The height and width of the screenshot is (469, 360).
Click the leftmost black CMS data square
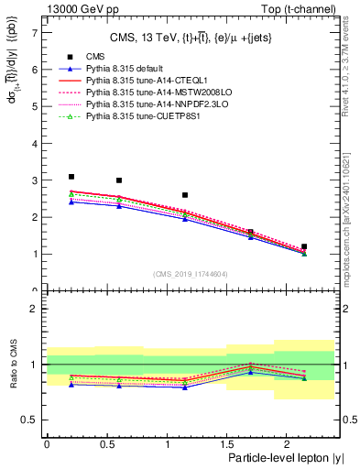(71, 177)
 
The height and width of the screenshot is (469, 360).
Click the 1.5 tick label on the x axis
(225, 444)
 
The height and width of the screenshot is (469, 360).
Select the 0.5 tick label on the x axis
(106, 444)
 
